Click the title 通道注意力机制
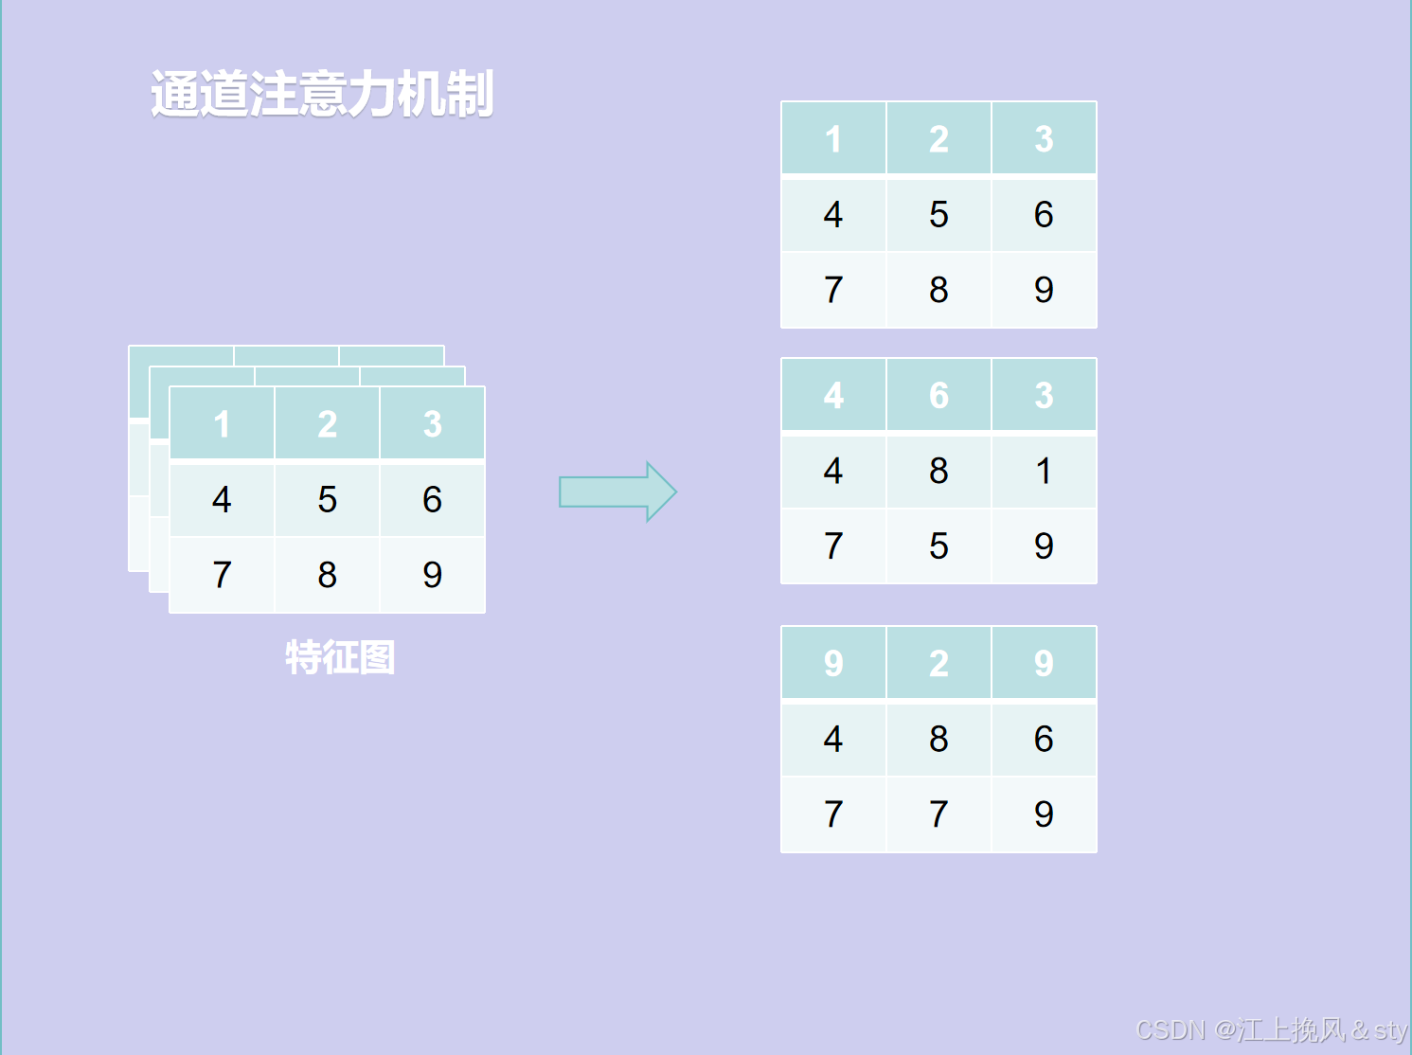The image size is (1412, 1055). (322, 94)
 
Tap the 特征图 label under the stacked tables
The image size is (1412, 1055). (340, 657)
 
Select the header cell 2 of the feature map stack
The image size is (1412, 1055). (327, 424)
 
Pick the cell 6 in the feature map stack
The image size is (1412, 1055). (432, 499)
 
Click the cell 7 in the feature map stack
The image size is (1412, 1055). (222, 575)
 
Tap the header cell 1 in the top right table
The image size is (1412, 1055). (833, 139)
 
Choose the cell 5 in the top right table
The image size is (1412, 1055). (938, 214)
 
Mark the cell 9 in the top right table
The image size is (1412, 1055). (1044, 290)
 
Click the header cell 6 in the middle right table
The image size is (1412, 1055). (938, 395)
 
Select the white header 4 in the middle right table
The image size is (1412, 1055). (833, 395)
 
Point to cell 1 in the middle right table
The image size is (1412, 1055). (1044, 471)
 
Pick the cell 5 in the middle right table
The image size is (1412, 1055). (938, 546)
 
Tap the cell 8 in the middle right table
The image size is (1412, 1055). (938, 471)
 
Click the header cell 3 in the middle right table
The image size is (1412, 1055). (1044, 395)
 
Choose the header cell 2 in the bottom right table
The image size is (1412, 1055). (938, 663)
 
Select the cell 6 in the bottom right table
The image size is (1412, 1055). (1044, 739)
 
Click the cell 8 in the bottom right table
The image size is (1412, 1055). (938, 739)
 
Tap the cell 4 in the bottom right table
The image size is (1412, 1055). (833, 739)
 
